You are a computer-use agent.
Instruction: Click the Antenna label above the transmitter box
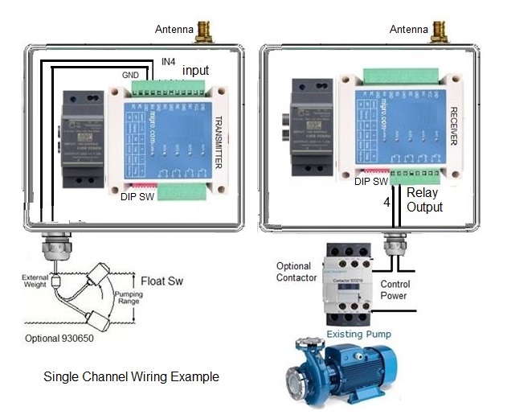point(174,31)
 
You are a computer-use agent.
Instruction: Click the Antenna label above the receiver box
point(409,30)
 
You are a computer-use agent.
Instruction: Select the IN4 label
point(168,61)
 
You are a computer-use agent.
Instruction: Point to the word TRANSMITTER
point(218,142)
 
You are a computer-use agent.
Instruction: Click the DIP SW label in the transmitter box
point(137,196)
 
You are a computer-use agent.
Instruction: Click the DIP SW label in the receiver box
point(372,183)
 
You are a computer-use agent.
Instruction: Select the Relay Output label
point(424,200)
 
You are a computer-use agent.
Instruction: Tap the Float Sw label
point(164,282)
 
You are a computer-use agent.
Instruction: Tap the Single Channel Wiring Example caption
point(131,376)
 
